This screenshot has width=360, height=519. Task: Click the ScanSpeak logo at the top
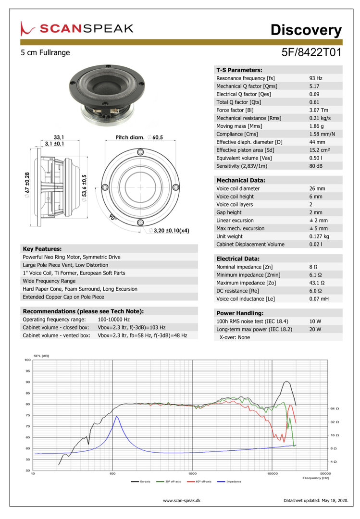(77, 28)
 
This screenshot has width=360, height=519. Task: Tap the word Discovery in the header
(306, 30)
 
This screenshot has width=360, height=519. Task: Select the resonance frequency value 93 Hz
(316, 78)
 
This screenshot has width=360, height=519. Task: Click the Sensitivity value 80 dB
(316, 166)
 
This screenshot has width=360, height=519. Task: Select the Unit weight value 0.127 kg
(319, 236)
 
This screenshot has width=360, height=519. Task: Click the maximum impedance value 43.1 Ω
(318, 283)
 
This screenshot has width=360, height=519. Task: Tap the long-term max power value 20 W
(315, 329)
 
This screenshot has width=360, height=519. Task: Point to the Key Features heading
(42, 249)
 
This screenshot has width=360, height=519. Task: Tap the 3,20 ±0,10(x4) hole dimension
(171, 231)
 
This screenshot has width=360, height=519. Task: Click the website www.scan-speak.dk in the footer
(182, 501)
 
